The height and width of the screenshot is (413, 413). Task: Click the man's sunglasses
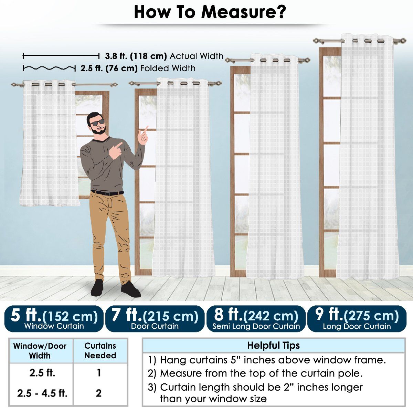coord(97,123)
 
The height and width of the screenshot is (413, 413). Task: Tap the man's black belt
coord(107,193)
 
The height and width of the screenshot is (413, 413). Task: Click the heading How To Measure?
coord(210,12)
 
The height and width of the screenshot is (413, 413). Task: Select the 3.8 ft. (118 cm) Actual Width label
coord(164,56)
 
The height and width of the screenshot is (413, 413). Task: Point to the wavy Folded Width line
coord(49,68)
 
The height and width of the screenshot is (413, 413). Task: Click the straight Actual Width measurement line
coord(61,56)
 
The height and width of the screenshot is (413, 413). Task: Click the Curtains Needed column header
coord(100,351)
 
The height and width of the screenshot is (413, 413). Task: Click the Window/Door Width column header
coord(40,351)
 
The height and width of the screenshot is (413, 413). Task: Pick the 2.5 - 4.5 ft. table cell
coord(42,393)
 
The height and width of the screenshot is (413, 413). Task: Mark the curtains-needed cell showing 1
coord(98,373)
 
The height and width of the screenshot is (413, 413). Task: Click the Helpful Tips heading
coord(274,345)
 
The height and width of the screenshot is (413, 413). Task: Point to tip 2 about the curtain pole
coord(255,373)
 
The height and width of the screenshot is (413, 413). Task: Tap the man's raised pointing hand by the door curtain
coord(143,135)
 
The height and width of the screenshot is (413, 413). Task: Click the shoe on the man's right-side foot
coord(130,289)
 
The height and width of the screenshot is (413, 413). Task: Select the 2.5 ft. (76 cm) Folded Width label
coord(138,68)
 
